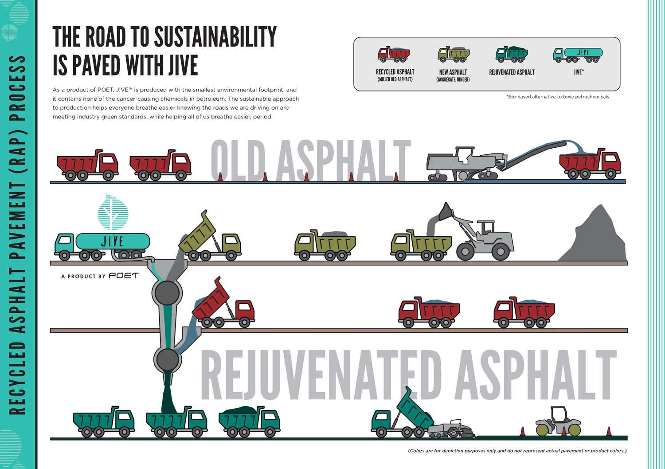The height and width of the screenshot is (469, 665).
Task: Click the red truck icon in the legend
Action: pyautogui.click(x=394, y=54)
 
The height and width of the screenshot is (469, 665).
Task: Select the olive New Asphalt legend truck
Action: pyautogui.click(x=454, y=54)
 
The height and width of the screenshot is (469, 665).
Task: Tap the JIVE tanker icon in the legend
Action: pyautogui.click(x=578, y=55)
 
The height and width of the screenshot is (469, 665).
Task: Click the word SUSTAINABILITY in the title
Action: pyautogui.click(x=215, y=36)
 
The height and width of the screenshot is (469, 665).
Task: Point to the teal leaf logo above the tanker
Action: pyautogui.click(x=113, y=212)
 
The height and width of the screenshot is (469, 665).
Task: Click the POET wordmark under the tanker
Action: pyautogui.click(x=124, y=276)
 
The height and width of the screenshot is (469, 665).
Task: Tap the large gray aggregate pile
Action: pyautogui.click(x=593, y=235)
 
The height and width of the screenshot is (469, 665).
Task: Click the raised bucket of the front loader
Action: pyautogui.click(x=445, y=212)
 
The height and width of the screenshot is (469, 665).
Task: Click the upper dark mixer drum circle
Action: pyautogui.click(x=167, y=293)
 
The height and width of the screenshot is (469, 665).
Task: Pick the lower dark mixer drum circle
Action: pyautogui.click(x=168, y=360)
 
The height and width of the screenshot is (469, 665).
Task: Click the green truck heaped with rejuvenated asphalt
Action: pyautogui.click(x=249, y=422)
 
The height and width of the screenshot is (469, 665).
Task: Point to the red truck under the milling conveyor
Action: pyautogui.click(x=590, y=163)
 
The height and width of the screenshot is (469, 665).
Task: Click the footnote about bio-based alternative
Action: pyautogui.click(x=558, y=97)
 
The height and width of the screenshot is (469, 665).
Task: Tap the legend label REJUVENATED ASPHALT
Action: pyautogui.click(x=512, y=72)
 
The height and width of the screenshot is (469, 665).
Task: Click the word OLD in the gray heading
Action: pyautogui.click(x=238, y=161)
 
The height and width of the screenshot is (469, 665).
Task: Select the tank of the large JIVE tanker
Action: pyautogui.click(x=113, y=241)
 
